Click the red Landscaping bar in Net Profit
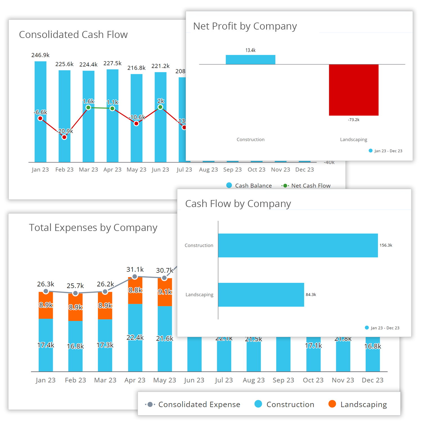[x=354, y=90]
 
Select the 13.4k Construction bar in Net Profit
[x=250, y=60]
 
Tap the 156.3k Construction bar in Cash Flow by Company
[x=298, y=245]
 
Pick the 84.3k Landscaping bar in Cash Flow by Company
[x=261, y=295]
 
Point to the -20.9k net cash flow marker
[x=64, y=137]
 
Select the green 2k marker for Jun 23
[x=160, y=107]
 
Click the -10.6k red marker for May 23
[x=136, y=123]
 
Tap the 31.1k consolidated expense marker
[x=135, y=277]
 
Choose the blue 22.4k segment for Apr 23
[x=135, y=338]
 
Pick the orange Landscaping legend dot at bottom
[x=332, y=404]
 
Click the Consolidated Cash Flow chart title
[x=73, y=35]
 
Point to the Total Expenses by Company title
[x=93, y=228]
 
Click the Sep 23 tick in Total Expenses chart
[x=283, y=380]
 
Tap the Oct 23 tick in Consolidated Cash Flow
[x=256, y=170]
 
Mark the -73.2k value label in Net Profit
[x=354, y=120]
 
